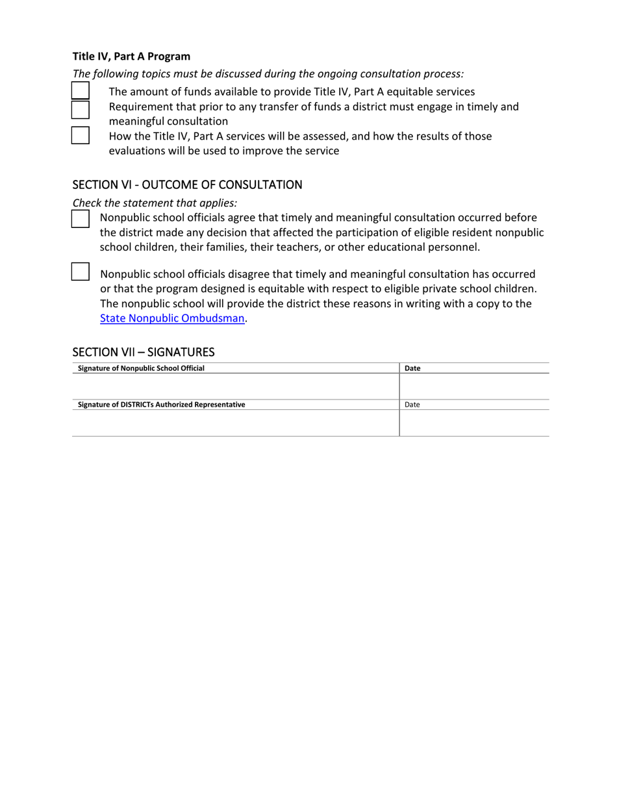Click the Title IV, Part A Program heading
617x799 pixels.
coord(131,57)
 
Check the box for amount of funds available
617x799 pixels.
coord(80,90)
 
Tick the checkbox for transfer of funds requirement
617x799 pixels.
coord(80,109)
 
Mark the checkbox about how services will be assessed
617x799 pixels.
coord(80,135)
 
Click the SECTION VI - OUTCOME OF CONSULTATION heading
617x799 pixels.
coord(187,184)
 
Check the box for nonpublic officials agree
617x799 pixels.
coord(80,218)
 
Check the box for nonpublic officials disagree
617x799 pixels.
coord(80,271)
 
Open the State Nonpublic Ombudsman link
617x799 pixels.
coord(172,318)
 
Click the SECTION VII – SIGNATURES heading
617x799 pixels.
coord(143,352)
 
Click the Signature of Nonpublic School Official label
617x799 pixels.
coord(141,368)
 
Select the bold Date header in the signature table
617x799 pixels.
coord(412,368)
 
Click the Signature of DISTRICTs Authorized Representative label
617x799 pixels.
coord(161,405)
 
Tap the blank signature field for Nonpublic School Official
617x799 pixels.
coord(235,387)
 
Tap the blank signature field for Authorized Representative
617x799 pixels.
coord(235,423)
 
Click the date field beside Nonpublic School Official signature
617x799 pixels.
coord(474,387)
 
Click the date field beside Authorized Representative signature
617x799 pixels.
coord(474,423)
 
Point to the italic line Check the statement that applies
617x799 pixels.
coord(155,203)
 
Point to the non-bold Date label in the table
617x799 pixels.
coord(412,405)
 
